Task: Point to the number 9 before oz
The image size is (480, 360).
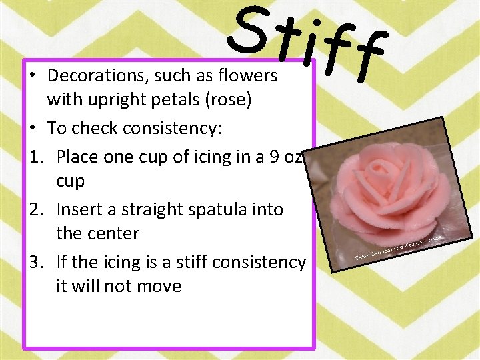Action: coord(271,157)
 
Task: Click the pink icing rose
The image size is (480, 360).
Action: coord(390,187)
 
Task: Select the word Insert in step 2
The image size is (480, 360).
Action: coord(77,209)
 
